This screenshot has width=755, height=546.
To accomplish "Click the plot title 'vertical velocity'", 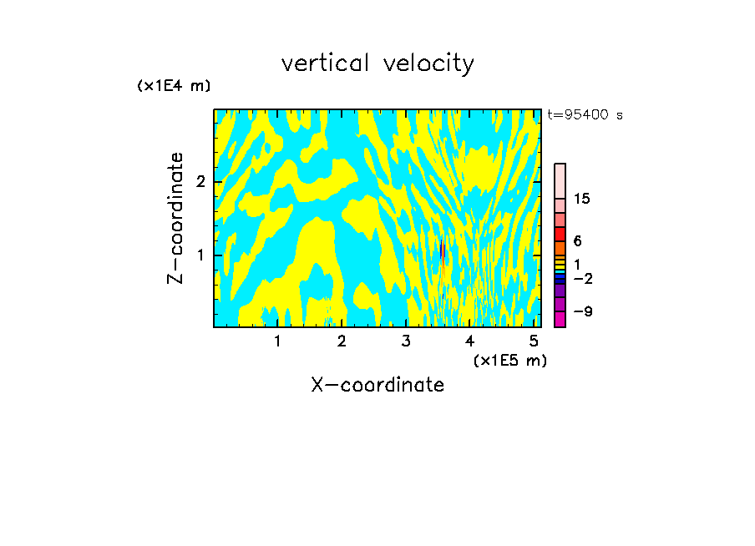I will click(377, 63).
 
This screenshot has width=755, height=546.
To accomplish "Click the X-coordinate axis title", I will click(377, 385).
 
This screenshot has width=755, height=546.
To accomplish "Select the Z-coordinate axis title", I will click(175, 218).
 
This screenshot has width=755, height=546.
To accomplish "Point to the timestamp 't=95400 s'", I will click(585, 115).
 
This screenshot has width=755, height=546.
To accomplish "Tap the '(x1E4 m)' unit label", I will click(174, 86).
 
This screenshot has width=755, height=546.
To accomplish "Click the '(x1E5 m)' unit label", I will click(510, 360).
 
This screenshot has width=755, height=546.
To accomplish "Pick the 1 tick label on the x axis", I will click(277, 341).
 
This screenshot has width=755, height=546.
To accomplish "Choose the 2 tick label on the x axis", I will click(342, 341).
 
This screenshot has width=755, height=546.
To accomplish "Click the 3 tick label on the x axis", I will click(406, 341).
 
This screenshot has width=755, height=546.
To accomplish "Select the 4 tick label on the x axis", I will click(469, 341).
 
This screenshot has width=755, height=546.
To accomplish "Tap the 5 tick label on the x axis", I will click(534, 341).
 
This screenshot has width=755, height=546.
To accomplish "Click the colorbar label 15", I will click(582, 199).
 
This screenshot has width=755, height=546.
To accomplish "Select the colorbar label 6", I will click(577, 241).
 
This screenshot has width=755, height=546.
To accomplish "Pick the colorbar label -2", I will click(582, 279).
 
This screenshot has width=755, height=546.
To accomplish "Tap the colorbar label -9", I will click(582, 311).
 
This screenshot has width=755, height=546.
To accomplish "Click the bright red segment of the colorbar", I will click(560, 234).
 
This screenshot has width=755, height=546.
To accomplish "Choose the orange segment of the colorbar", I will click(560, 248).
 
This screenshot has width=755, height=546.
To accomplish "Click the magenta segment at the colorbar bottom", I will click(560, 319).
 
